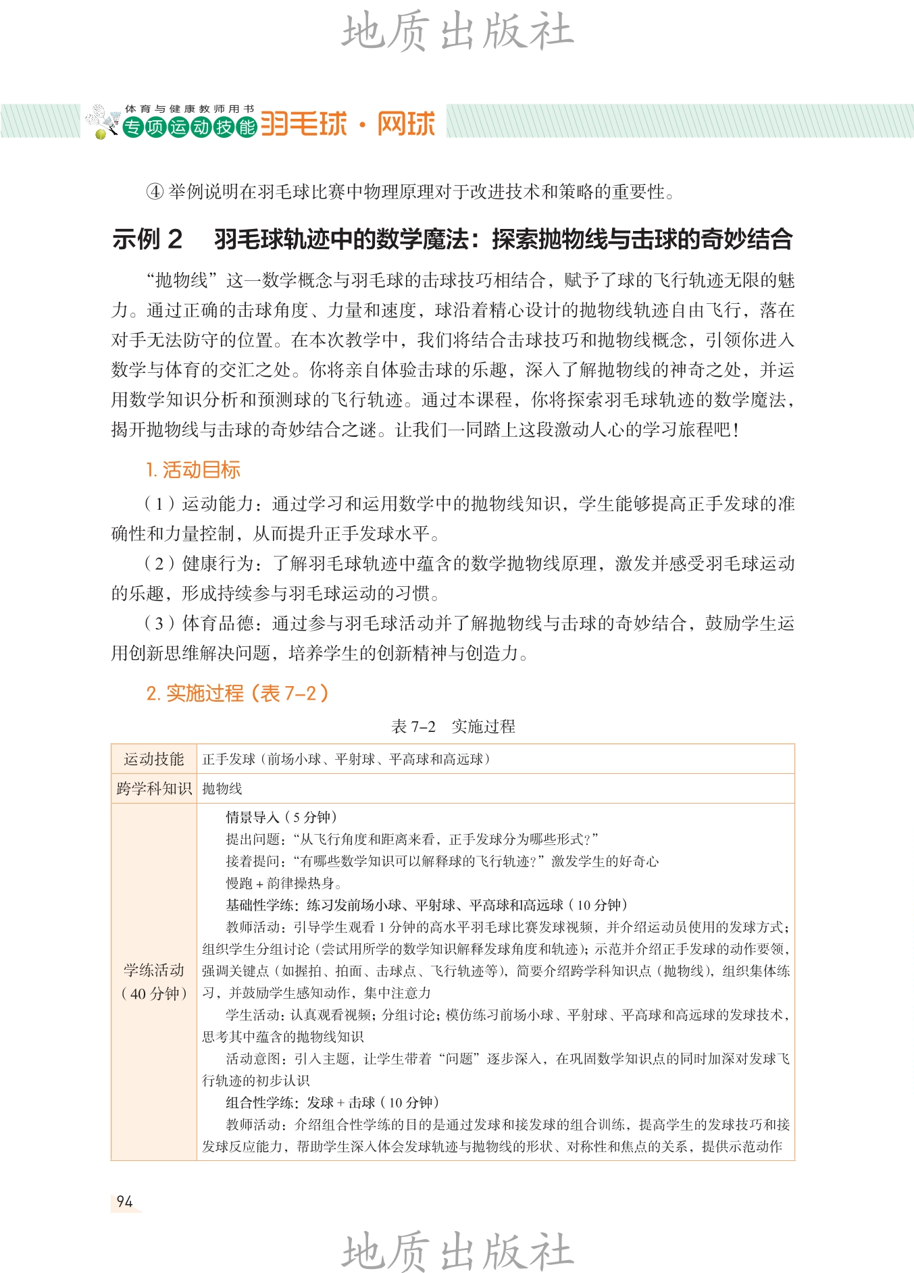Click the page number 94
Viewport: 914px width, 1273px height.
tap(124, 1201)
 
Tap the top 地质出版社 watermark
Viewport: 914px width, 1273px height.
tap(457, 32)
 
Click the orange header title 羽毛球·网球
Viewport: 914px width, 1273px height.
tap(348, 124)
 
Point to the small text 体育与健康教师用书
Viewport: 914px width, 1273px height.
tap(189, 109)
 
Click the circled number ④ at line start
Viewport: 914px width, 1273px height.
tap(155, 192)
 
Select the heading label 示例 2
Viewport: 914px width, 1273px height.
tap(147, 239)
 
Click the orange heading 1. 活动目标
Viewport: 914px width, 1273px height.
tap(193, 470)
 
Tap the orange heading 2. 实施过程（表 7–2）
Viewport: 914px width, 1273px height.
tap(237, 693)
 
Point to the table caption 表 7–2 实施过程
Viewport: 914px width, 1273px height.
tap(453, 727)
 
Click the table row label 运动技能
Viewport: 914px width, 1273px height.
tap(153, 759)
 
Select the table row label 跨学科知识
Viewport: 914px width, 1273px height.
tap(153, 788)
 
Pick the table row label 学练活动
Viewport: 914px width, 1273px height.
tap(153, 970)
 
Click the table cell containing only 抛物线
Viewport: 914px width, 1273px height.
tap(222, 788)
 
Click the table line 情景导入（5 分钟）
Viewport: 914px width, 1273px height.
tap(281, 817)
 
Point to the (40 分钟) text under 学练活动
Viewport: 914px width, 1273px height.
tap(154, 993)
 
